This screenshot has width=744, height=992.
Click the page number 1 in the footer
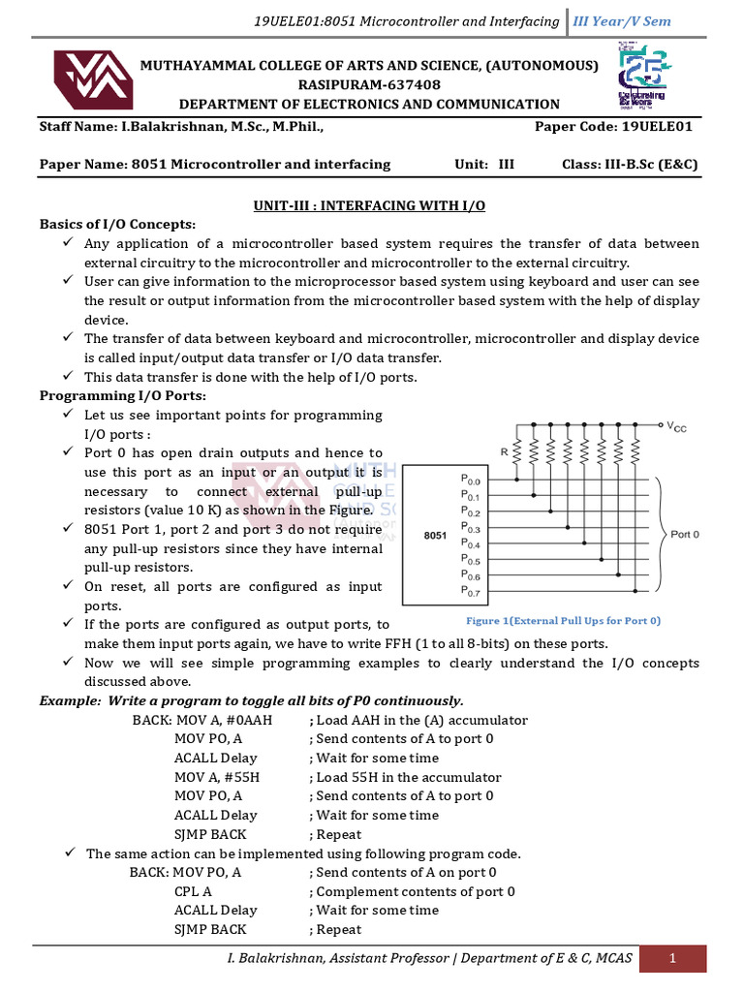coord(672,958)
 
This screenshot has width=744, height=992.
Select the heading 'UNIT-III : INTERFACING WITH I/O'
coord(369,205)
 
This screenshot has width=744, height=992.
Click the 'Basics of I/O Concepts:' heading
coord(117,224)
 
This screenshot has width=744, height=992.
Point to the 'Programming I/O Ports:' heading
coord(122,395)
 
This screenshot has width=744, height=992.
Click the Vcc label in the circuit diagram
coord(678,426)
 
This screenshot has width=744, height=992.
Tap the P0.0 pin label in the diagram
coord(471,480)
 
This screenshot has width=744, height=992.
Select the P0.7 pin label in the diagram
coord(471,591)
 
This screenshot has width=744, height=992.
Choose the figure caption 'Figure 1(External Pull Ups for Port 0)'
coord(563,620)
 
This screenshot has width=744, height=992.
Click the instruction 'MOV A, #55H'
coord(217,777)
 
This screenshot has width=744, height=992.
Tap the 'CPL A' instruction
coord(193,891)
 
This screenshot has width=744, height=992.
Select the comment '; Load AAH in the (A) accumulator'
coord(418,720)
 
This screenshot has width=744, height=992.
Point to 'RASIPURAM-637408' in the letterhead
coord(369,84)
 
